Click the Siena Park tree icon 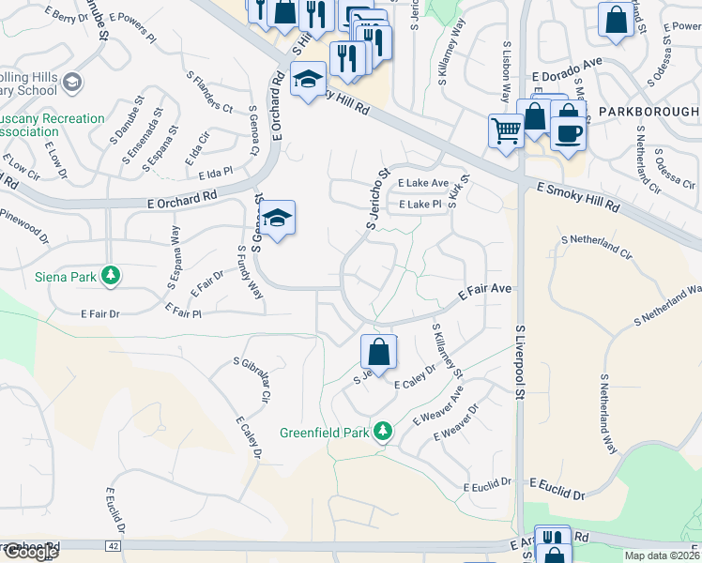pos(112,275)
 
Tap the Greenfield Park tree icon pos(382,432)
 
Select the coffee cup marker pos(570,132)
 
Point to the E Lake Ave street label pos(422,184)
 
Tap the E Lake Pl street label pos(420,205)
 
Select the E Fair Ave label pos(484,292)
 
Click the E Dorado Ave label pos(566,81)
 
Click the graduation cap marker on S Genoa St pos(278,220)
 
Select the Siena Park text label pos(63,276)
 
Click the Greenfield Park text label pos(325,434)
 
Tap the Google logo pos(30,553)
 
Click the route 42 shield pos(114,544)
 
